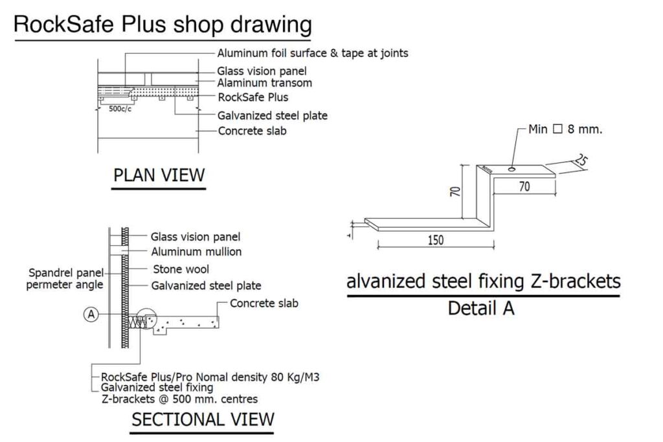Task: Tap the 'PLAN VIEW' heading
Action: pos(159,175)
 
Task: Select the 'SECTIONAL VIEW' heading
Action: pos(203,419)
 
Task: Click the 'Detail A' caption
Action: pos(481,308)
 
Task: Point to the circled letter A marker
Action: pos(91,315)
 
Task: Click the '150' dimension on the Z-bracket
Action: pos(436,240)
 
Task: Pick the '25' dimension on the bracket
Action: pos(580,160)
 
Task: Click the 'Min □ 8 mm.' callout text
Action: pos(565,129)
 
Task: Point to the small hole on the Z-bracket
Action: pos(512,170)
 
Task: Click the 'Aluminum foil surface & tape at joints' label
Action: pos(313,53)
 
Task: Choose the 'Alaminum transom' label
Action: pos(264,83)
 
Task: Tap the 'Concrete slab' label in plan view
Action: pos(252,131)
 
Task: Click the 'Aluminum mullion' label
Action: pos(196,252)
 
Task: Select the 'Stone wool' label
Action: pos(181,269)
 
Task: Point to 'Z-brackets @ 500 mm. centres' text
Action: pos(180,399)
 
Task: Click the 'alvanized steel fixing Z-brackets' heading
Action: pos(483,282)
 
